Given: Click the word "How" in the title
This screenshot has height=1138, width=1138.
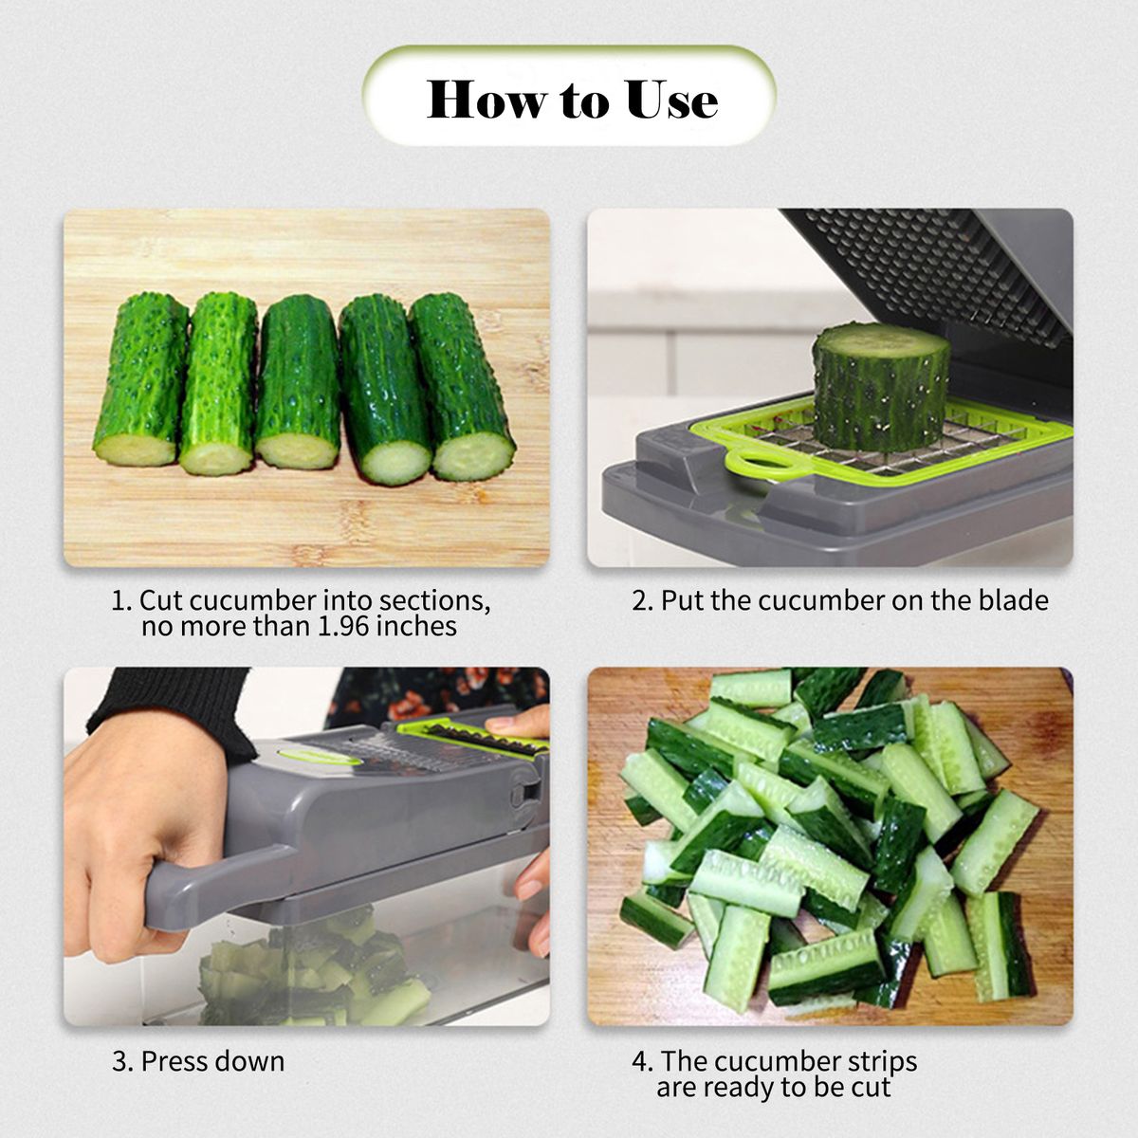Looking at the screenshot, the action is click(486, 99).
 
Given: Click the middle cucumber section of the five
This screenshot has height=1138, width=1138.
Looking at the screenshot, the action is click(299, 383).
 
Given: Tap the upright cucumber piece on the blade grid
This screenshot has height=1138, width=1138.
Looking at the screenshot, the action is click(881, 387).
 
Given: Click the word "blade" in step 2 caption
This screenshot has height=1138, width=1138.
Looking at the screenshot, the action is click(1014, 600).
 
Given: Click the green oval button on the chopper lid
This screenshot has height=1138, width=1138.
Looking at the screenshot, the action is click(319, 756).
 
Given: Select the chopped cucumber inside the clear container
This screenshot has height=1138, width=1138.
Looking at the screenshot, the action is click(313, 968).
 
